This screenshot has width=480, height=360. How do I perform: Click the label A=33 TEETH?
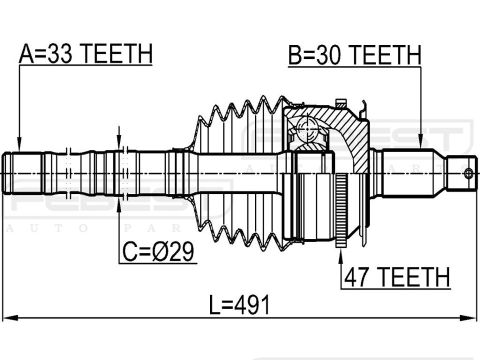(85, 53)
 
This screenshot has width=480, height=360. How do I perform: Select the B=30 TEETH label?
(355, 55)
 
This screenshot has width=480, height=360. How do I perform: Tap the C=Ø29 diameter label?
(158, 251)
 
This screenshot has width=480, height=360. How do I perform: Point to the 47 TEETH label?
(397, 276)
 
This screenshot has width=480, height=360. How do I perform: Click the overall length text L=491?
(239, 305)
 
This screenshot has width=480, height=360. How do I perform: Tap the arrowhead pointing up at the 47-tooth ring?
(341, 255)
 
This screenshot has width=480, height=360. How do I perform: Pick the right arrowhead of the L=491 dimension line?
(469, 317)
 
